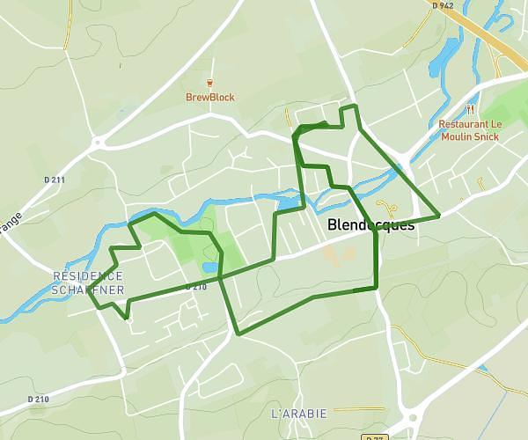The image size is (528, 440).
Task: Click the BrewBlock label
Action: tap(209, 98)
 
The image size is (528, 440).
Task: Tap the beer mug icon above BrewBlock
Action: tap(209, 84)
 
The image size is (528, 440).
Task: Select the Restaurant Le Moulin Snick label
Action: tap(470, 130)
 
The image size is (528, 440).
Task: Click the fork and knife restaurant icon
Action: tap(471, 110)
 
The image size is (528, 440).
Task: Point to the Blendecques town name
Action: tap(370, 225)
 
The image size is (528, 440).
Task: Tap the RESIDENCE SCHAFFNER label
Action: tap(88, 282)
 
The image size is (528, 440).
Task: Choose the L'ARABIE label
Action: tap(299, 413)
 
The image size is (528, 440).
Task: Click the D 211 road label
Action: tap(55, 180)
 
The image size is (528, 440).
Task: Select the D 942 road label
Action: tap(444, 5)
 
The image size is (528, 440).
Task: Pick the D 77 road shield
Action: tap(375, 436)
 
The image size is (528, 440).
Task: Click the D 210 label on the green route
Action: tap(195, 287)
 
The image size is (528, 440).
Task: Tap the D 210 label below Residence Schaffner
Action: tap(38, 400)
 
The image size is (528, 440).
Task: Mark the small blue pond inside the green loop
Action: tap(209, 267)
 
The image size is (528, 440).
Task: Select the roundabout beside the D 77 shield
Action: tap(410, 420)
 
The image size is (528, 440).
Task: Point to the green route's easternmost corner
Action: tap(439, 215)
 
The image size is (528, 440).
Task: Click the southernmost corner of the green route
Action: tap(238, 334)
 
